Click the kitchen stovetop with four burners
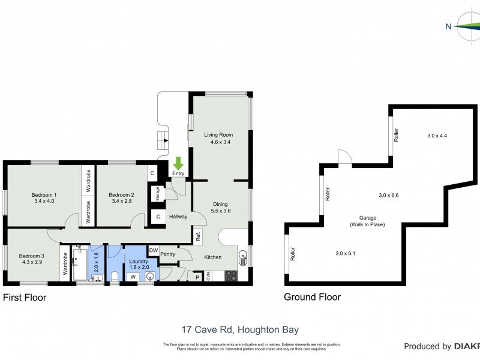click(x=230, y=276)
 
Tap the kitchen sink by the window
click(x=243, y=259)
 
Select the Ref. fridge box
click(x=197, y=236)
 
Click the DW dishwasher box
click(x=153, y=250)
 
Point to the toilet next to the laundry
click(x=115, y=276)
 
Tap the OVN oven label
click(x=208, y=277)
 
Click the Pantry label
click(x=168, y=254)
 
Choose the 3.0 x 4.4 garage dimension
click(x=437, y=136)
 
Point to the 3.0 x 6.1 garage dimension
click(x=346, y=254)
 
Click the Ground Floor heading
click(x=312, y=297)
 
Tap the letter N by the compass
click(x=448, y=26)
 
